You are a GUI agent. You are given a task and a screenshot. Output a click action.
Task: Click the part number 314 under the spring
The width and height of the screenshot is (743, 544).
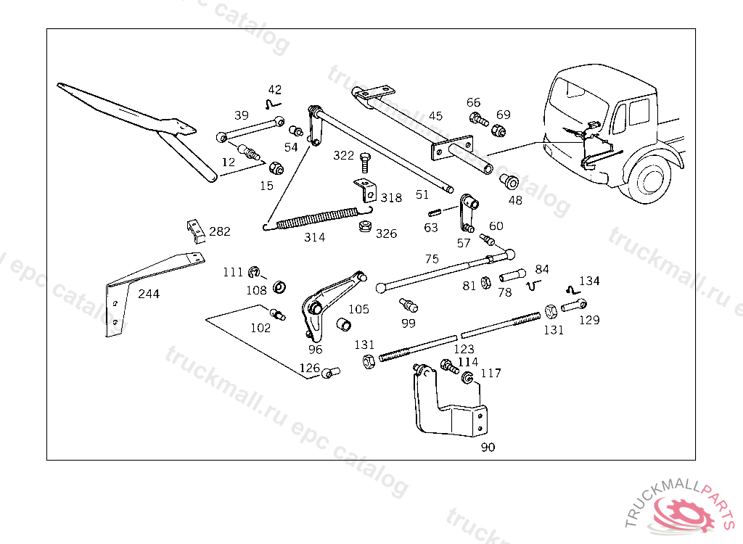314,237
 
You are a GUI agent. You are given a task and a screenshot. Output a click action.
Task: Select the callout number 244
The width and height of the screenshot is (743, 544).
149,294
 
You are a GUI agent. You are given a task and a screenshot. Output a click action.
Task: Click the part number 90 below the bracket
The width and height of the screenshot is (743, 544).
488,447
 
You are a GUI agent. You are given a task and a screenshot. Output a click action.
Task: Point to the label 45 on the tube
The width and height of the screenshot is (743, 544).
435,115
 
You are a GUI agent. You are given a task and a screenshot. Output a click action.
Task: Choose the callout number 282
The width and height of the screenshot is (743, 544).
219,232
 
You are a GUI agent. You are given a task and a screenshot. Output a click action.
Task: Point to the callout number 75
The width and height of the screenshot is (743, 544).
432,259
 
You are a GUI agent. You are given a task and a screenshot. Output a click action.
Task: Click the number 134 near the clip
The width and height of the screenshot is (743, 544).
589,281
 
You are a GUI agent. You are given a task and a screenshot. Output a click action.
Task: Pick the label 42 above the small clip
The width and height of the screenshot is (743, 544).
275,90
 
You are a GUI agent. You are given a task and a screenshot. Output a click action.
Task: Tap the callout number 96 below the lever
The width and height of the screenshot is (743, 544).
315,349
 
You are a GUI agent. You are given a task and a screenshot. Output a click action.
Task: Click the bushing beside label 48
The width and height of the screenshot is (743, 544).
510,181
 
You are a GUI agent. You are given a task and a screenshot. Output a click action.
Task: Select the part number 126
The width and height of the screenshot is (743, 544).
310,368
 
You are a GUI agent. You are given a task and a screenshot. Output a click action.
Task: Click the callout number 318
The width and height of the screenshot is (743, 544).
391,198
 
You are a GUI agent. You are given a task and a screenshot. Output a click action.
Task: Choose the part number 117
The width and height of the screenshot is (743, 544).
490,374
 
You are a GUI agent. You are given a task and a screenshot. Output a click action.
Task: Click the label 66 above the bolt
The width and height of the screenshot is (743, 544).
473,102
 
